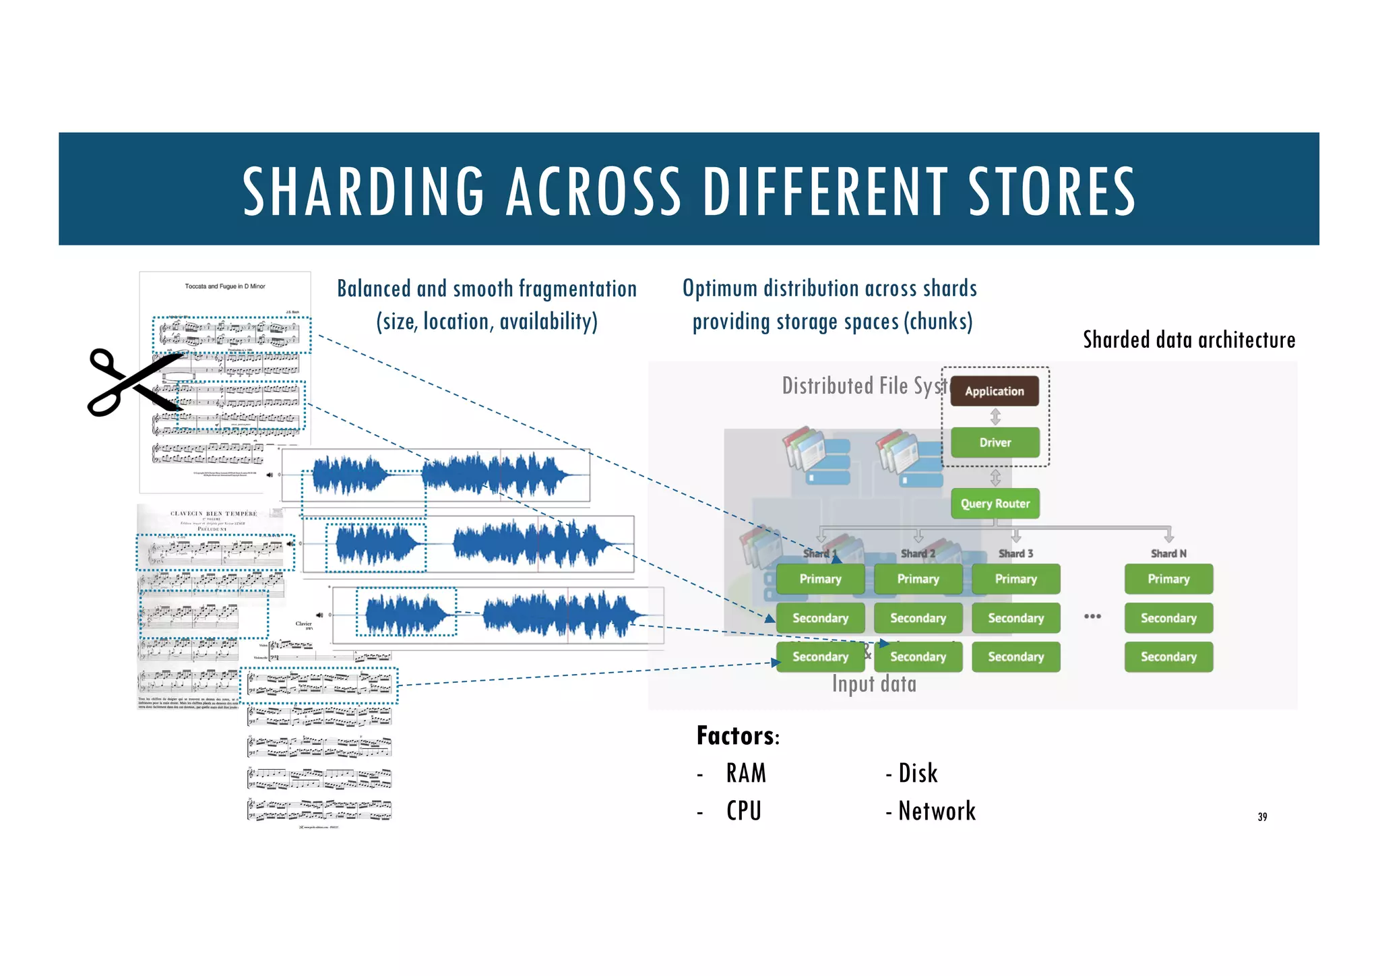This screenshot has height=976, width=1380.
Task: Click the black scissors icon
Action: (x=135, y=382)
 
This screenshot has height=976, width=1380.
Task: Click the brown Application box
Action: (x=994, y=391)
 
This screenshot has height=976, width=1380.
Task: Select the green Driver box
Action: (x=995, y=442)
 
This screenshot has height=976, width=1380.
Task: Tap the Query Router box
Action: (x=995, y=504)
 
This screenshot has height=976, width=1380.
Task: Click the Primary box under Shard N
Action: (x=1168, y=579)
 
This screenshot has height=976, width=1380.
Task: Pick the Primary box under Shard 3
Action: (x=1015, y=579)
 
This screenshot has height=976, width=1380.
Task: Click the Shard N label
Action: (x=1168, y=553)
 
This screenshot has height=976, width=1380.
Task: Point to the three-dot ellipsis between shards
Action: (x=1092, y=616)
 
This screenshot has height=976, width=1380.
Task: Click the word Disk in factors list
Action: (x=918, y=773)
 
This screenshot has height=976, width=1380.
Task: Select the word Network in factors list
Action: (x=937, y=811)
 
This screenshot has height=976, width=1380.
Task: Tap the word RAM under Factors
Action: (x=746, y=773)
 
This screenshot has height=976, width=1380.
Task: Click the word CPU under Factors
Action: (x=744, y=811)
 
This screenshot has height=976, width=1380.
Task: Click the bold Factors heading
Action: (x=736, y=735)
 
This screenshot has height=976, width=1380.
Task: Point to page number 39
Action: (x=1262, y=817)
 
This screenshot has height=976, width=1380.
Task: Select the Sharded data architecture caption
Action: (x=1189, y=340)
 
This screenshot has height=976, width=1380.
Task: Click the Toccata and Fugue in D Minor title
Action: (x=225, y=286)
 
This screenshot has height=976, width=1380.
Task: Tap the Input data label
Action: (x=874, y=684)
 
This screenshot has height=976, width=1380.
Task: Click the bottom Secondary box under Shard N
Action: (x=1168, y=657)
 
